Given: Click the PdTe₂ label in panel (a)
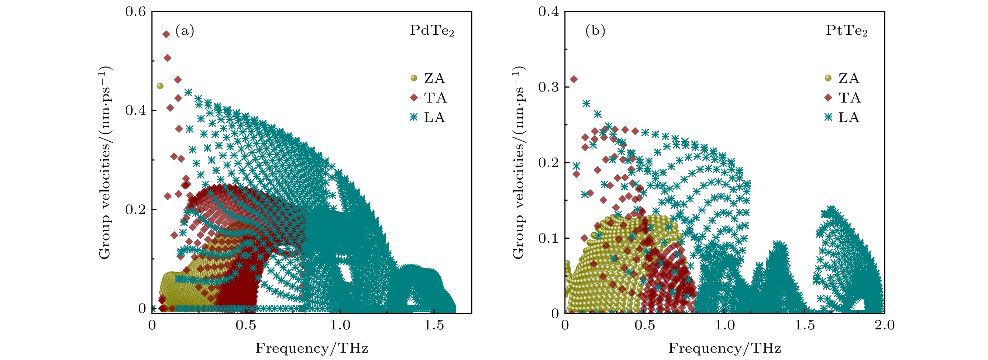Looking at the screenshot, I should [x=431, y=31].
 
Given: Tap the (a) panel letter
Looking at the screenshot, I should [x=185, y=31].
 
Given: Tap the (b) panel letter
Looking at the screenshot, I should [x=595, y=31].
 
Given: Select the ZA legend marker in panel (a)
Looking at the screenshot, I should [x=413, y=78].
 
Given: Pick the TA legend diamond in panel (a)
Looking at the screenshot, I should [x=413, y=98].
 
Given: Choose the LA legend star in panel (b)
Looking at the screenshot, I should [x=828, y=117].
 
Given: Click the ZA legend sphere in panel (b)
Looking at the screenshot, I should [x=828, y=78].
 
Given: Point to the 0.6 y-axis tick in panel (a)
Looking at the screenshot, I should [x=135, y=12].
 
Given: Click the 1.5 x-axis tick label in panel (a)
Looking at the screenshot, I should [x=434, y=325].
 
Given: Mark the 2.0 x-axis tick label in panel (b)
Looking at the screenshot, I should [x=884, y=325].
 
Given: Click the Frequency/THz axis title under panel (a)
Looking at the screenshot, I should [x=311, y=349].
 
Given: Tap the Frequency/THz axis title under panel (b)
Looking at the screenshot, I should [x=724, y=349].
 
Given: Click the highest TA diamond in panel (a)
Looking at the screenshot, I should [x=166, y=35].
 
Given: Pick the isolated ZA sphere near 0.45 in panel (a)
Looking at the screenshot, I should [x=160, y=86].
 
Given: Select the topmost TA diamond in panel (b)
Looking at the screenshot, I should [x=574, y=79].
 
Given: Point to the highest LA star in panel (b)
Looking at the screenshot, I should [x=586, y=104].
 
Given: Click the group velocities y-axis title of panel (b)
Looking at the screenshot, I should [x=518, y=163].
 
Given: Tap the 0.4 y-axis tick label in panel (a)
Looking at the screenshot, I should [x=135, y=111].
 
